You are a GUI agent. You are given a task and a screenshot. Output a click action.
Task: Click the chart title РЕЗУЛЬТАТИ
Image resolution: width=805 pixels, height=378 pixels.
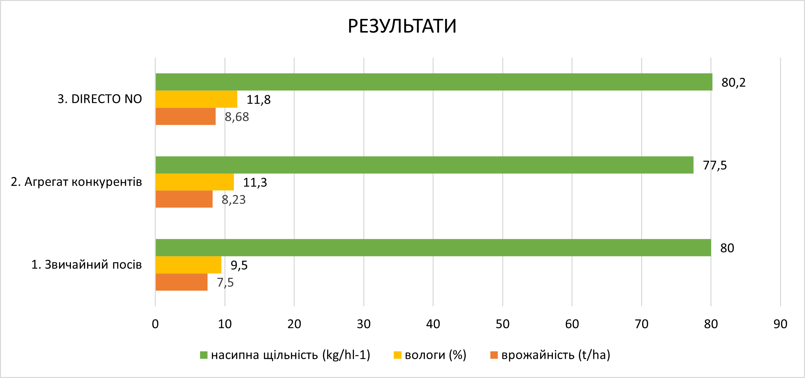point(402,26)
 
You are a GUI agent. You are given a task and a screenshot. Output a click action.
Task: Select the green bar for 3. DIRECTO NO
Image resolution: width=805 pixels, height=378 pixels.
point(434,82)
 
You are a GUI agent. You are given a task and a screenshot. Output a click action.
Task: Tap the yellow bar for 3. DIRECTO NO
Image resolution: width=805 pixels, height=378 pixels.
point(196,99)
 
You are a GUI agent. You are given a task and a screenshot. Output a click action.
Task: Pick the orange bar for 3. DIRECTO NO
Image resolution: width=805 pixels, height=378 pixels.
point(186,116)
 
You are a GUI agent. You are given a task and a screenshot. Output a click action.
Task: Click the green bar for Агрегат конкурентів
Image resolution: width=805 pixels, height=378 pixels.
point(424,165)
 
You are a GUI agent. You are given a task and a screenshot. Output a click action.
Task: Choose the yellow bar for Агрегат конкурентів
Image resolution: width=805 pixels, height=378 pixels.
point(195,182)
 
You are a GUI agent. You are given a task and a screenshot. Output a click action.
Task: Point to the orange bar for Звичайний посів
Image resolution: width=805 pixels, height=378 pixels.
point(181,282)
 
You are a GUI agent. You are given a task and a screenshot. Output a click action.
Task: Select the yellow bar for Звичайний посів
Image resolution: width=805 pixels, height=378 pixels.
point(188,265)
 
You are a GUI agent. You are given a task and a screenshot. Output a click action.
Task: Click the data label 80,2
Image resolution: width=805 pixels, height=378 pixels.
point(733,83)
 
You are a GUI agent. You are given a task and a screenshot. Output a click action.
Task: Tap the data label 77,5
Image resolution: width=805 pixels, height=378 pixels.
point(715,165)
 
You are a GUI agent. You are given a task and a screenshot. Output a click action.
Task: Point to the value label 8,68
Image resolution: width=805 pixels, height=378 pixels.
point(237,117)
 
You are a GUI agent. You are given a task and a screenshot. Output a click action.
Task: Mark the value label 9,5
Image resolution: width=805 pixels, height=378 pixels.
point(239,265)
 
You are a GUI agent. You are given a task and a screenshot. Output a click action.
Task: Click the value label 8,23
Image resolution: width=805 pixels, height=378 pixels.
point(234,200)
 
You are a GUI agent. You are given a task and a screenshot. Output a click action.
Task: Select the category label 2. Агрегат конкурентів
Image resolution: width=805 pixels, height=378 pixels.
point(76,182)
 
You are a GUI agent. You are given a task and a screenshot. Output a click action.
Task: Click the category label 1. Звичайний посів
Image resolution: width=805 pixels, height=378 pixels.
point(87,265)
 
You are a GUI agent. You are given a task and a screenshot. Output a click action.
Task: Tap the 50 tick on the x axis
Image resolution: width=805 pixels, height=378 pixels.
point(503,324)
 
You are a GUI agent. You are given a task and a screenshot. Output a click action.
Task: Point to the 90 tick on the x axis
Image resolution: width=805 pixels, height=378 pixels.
point(780,324)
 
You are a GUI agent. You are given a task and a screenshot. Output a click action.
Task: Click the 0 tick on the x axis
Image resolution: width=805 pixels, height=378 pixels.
point(155,324)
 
